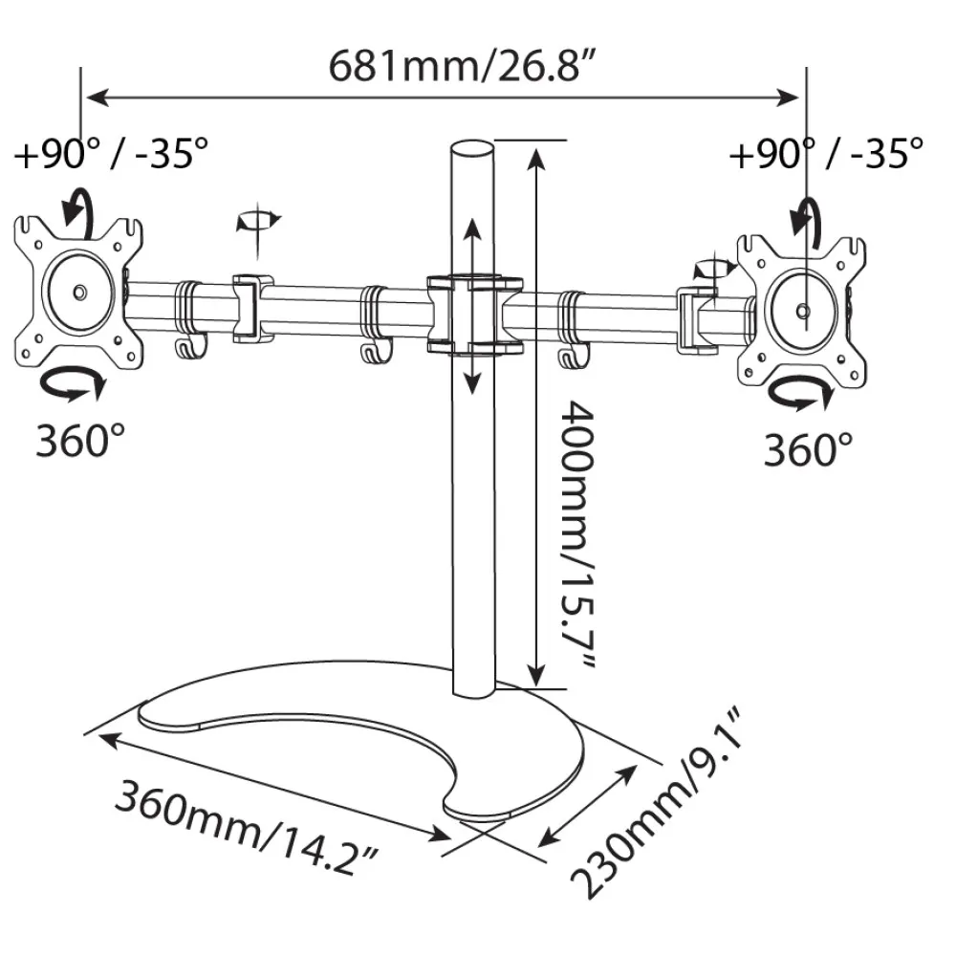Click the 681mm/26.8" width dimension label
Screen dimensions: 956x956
tap(462, 67)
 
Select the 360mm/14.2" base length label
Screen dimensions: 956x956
tap(247, 827)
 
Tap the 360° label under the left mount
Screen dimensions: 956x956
tap(80, 440)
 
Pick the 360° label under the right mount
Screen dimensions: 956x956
tap(809, 450)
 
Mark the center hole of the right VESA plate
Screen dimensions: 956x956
tap(803, 312)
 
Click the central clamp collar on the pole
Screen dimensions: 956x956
tap(474, 315)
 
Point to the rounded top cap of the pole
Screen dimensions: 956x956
tap(471, 150)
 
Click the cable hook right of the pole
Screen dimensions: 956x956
tap(573, 356)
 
